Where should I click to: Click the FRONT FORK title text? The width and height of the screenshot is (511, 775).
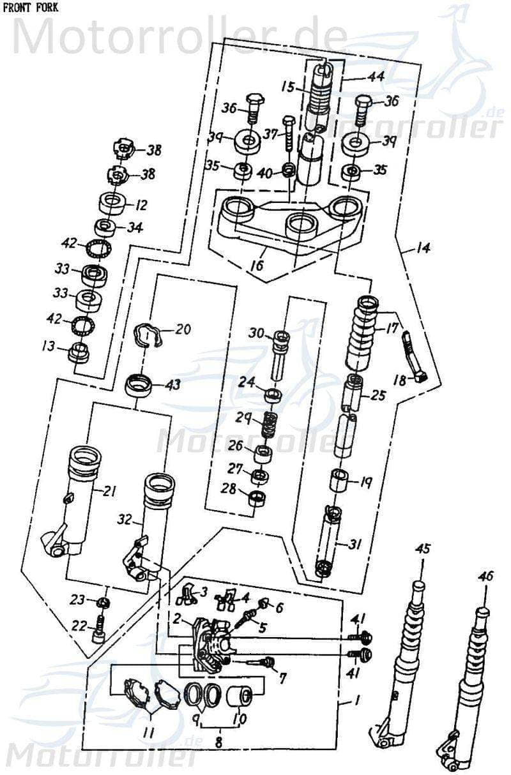pos(30,7)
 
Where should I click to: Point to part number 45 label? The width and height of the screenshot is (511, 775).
pos(423,548)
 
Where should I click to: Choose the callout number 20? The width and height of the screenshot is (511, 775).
pos(183,330)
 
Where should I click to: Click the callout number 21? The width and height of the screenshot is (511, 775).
pos(110,490)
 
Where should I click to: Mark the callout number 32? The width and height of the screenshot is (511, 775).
pos(125,520)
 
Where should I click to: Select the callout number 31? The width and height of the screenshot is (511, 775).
pos(355,544)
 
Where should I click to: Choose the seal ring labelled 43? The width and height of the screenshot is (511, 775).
pos(139,386)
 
